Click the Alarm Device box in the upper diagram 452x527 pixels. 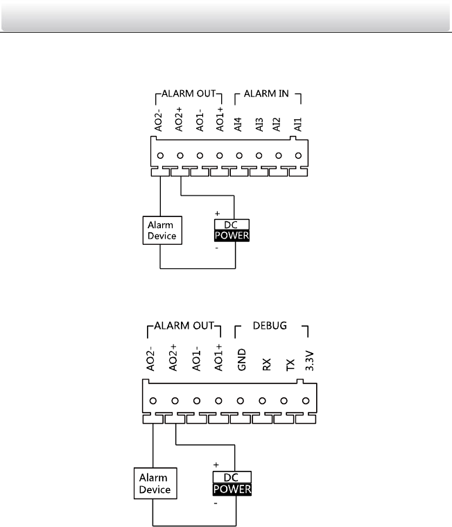click(160, 231)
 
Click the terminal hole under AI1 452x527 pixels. click(298, 156)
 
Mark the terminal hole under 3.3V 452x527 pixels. click(306, 400)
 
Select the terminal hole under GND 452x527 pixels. click(241, 400)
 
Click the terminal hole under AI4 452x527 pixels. click(239, 156)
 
